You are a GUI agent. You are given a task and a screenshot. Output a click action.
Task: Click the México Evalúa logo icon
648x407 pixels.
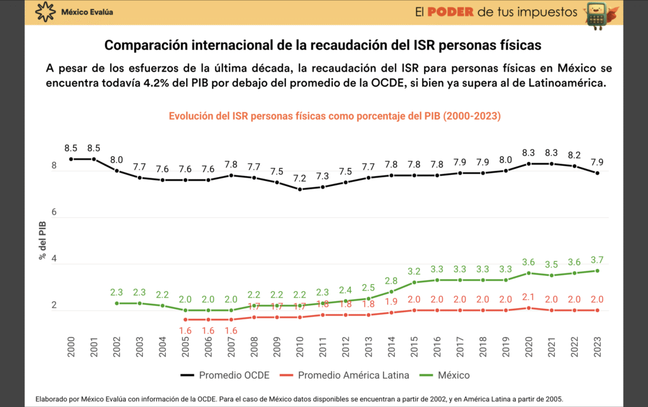[x=45, y=11]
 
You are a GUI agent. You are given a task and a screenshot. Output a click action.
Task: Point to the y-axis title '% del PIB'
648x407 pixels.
[x=42, y=241]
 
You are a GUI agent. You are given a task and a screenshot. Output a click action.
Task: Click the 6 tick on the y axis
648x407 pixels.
[x=54, y=213]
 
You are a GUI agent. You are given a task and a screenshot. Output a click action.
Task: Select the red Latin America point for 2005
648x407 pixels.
[x=186, y=320]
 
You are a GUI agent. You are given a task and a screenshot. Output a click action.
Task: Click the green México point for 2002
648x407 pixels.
[x=116, y=303]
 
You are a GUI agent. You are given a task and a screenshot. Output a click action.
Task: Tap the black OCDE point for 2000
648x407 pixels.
[x=70, y=159]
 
